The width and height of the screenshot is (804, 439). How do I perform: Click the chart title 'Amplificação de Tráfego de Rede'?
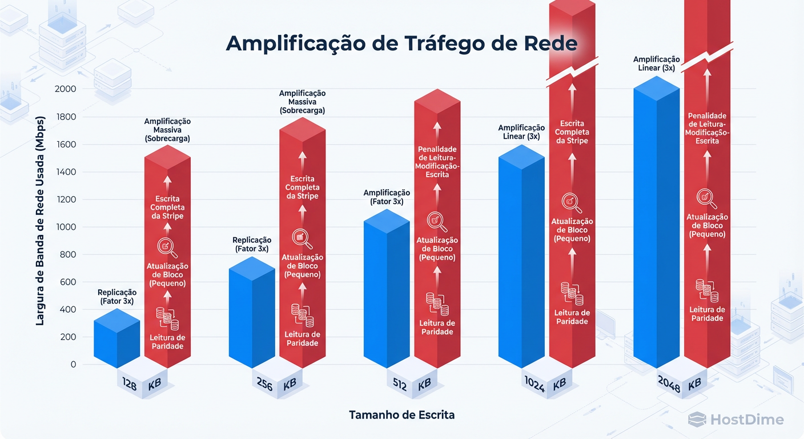coord(401,44)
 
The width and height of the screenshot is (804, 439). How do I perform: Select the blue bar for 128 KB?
coord(116,340)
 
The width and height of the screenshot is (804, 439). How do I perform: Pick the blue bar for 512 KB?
coord(387,292)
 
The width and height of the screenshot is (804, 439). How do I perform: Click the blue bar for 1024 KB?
coord(521,257)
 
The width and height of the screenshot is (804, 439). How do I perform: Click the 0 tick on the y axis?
coord(73,364)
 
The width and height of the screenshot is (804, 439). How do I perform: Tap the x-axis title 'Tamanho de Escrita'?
coord(401,415)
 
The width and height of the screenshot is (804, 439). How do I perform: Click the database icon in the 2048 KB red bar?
coord(707,290)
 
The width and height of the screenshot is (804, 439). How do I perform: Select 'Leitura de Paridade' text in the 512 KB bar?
coord(437,327)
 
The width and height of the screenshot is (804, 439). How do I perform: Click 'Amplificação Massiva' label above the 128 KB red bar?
coord(167,130)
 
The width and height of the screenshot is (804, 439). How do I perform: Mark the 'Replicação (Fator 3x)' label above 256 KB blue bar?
coord(252,244)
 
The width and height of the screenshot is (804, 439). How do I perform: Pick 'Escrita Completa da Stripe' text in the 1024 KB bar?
coord(572,132)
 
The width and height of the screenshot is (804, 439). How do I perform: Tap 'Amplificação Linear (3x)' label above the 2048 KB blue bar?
coord(656,63)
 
